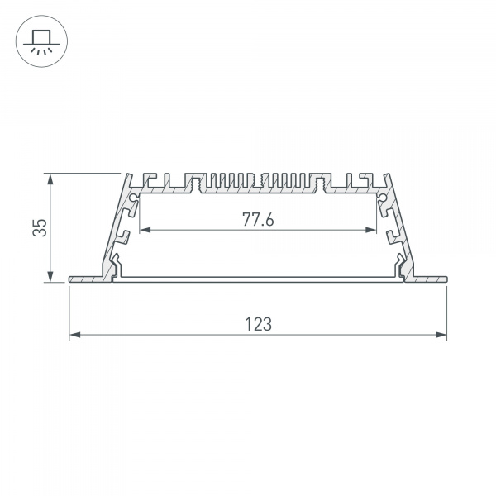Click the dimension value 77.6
coord(258,220)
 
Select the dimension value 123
coord(258,325)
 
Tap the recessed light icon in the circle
coord(39,41)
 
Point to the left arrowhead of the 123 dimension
coord(73,335)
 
